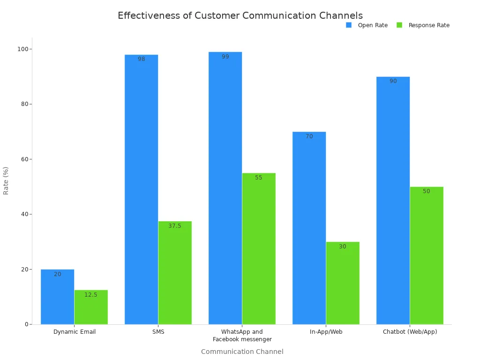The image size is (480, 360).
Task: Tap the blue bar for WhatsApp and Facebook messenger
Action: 225,188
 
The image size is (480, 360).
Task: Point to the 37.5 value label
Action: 175,226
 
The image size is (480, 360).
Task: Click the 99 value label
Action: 225,57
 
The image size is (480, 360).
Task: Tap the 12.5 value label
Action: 91,295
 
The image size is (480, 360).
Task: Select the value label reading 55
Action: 259,178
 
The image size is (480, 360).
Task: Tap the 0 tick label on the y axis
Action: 27,324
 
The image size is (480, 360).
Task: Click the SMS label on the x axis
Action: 158,332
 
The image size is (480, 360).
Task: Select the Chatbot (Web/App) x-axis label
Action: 410,332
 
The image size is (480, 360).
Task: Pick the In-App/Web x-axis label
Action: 326,332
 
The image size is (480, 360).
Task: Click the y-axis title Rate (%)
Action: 6,180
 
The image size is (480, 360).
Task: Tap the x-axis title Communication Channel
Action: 242,352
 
